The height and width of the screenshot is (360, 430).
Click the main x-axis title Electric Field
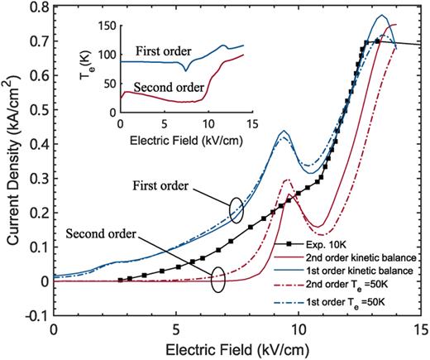pyautogui.click(x=237, y=348)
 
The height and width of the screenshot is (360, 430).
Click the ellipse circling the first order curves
pyautogui.click(x=236, y=207)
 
